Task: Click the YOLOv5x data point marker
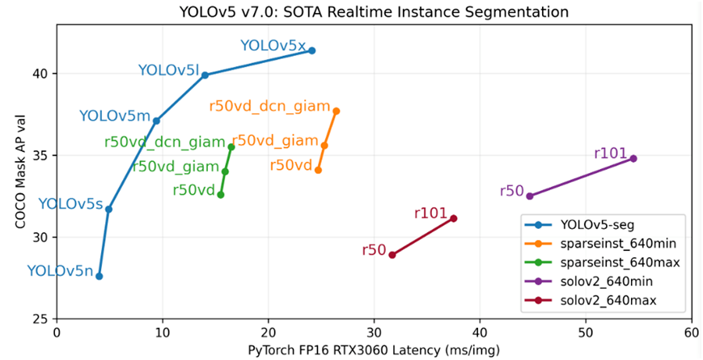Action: pyautogui.click(x=311, y=51)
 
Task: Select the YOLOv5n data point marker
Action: pyautogui.click(x=100, y=276)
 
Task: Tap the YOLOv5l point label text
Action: pyautogui.click(x=168, y=70)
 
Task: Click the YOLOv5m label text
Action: pyautogui.click(x=114, y=116)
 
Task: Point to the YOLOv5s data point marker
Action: pyautogui.click(x=108, y=210)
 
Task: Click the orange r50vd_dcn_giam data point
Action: pyautogui.click(x=337, y=111)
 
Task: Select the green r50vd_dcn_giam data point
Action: pyautogui.click(x=231, y=147)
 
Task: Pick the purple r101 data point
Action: pyautogui.click(x=633, y=159)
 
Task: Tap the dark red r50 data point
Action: pyautogui.click(x=392, y=255)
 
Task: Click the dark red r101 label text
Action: pyautogui.click(x=430, y=213)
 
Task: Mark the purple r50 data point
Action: pyautogui.click(x=530, y=196)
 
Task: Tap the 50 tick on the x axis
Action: pyautogui.click(x=585, y=332)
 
